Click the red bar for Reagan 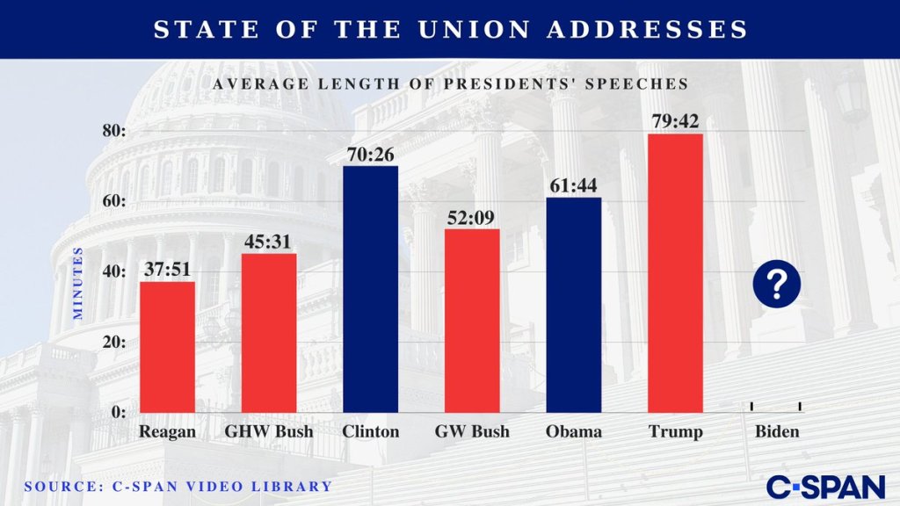[x=167, y=347]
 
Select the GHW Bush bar [x=269, y=333]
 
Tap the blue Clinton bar [x=370, y=289]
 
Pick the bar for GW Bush [x=472, y=321]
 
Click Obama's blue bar [x=573, y=305]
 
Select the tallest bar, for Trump [x=675, y=273]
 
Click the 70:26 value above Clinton [x=370, y=152]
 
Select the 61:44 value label [x=573, y=184]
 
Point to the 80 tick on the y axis [x=114, y=130]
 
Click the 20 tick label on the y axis [x=114, y=341]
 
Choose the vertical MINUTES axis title [x=77, y=283]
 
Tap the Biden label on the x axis [x=777, y=431]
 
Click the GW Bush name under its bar [x=472, y=431]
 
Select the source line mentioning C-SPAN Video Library [x=178, y=486]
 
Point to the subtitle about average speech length [x=450, y=83]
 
